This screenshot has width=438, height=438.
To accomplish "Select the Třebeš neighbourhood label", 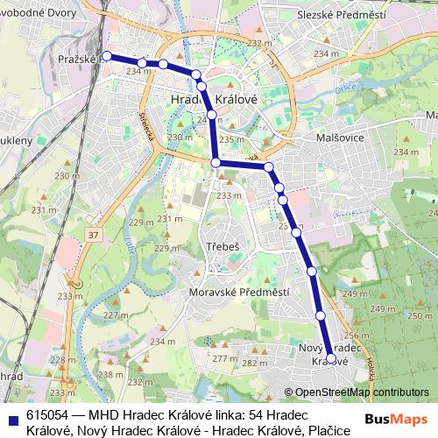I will pyautogui.click(x=222, y=247).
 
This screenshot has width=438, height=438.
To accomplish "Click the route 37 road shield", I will pyautogui.click(x=94, y=235).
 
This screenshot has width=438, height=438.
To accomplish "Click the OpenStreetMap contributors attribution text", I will pyautogui.click(x=362, y=392).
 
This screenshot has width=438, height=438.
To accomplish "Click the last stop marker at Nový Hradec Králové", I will pyautogui.click(x=331, y=358).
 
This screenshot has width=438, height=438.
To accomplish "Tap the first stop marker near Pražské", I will pyautogui.click(x=107, y=55).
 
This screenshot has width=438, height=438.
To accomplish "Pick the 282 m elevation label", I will pyautogui.click(x=254, y=363).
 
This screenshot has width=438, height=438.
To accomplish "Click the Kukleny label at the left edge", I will pyautogui.click(x=16, y=139).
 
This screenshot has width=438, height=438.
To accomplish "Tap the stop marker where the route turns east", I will pyautogui.click(x=215, y=162).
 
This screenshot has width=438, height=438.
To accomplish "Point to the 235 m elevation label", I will pyautogui.click(x=232, y=138).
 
